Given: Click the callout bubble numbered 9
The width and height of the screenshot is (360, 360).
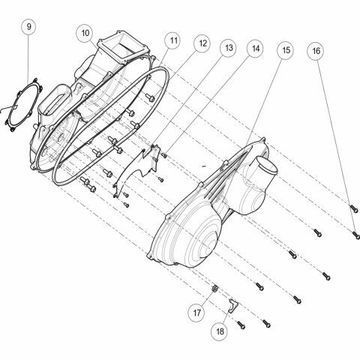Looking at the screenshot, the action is (x=29, y=27).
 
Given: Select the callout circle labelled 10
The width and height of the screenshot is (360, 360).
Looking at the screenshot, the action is (x=85, y=33).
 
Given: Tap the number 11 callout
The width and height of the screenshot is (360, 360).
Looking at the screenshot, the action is (x=173, y=41).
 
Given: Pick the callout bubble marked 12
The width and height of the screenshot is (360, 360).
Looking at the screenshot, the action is (x=203, y=43).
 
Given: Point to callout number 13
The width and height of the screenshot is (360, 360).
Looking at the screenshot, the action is (x=229, y=48).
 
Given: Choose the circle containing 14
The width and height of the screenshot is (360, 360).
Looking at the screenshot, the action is (x=256, y=48).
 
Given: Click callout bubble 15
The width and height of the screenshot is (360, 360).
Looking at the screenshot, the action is (x=286, y=50).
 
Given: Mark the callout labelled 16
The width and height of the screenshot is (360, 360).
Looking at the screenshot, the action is (x=316, y=51).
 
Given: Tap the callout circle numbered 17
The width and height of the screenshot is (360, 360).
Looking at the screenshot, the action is (x=197, y=313).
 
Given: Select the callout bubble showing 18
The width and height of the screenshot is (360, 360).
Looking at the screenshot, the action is (x=220, y=331).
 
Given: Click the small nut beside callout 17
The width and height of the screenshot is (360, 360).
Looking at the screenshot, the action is (x=216, y=289).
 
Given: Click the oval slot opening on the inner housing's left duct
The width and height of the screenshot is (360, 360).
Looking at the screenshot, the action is (x=57, y=100).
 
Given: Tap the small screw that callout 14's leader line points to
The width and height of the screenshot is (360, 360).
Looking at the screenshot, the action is (x=164, y=155).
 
